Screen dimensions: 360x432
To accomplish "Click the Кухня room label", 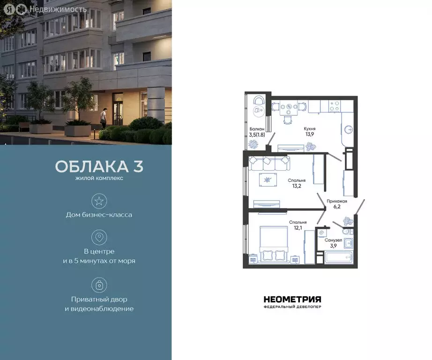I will point(309,128).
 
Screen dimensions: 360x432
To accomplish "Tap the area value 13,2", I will point(297,186).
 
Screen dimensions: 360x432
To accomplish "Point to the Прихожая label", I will point(337,201).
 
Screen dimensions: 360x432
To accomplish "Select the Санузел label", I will point(333,240).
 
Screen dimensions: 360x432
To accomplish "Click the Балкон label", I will point(257,129).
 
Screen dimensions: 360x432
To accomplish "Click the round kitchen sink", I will point(348,129).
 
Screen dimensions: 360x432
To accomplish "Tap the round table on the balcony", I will point(257,110).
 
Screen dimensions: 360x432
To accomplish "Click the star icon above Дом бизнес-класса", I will point(99,202).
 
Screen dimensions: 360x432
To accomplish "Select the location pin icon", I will point(99,238).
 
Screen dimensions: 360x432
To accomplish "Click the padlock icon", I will point(99,285).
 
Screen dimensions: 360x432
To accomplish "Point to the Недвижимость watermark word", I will point(58,9).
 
